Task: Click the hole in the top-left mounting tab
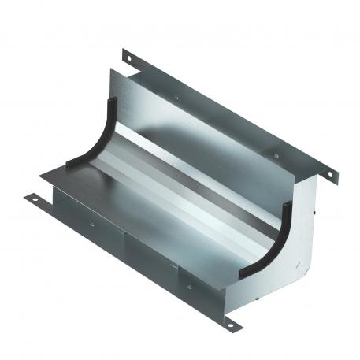pos(127,56)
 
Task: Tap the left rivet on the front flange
pos(91,224)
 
